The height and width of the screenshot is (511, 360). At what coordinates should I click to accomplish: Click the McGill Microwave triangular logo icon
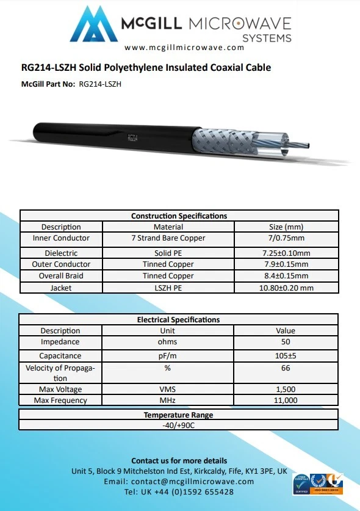pos(95,26)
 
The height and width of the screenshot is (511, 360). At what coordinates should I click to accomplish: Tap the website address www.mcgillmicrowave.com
pos(180,47)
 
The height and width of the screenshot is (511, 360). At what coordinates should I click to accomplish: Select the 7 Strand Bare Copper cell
pos(168,238)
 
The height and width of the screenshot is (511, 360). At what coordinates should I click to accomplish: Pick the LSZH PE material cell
pos(168,288)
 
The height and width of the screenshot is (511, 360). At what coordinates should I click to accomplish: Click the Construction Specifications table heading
pos(179,216)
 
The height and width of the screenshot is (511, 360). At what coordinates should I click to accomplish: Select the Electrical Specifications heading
pos(178,319)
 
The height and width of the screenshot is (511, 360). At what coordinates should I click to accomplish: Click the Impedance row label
pos(60,342)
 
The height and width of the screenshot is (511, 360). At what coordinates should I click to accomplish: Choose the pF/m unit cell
pos(167,356)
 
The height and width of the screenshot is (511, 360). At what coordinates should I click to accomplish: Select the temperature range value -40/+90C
pos(179,426)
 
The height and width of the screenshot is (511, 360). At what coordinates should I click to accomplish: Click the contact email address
pos(179,482)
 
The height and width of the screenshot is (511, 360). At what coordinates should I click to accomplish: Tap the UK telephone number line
pos(179,492)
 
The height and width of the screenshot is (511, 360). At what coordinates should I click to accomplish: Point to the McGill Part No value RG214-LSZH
pos(101,84)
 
